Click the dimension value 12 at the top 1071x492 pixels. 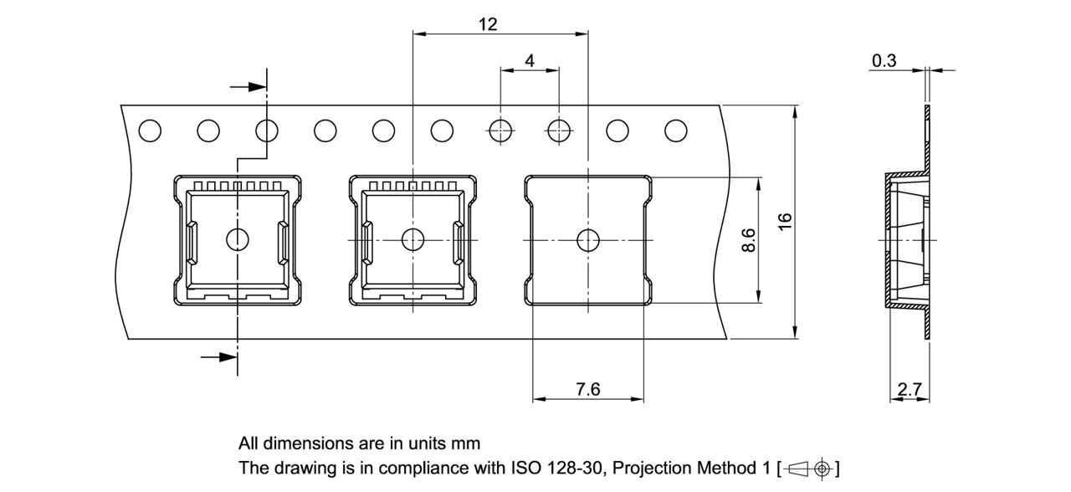[488, 24]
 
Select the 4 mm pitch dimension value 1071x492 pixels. [530, 61]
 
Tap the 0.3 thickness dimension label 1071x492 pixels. [884, 60]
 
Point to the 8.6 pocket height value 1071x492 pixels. [750, 239]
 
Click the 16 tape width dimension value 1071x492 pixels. [784, 222]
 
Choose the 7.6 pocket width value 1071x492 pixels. [587, 389]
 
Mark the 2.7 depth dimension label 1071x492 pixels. [910, 389]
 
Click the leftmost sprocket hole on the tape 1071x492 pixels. [150, 131]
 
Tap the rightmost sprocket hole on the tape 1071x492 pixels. [675, 131]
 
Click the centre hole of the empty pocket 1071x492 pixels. [588, 239]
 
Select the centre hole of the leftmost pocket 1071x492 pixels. [238, 239]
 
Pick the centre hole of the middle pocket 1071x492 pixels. [413, 239]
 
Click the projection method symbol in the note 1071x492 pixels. [809, 468]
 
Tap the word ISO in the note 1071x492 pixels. [526, 467]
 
